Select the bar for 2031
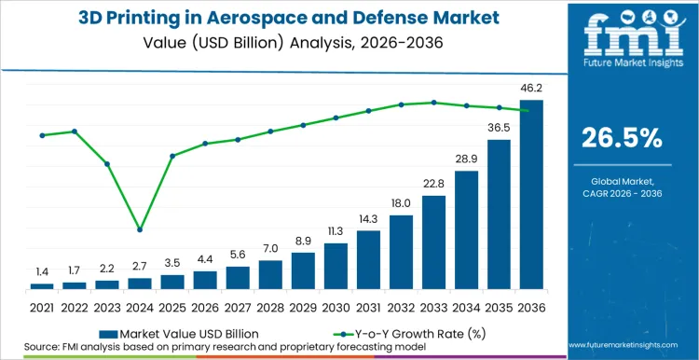(x=368, y=259)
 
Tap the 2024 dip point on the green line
(x=140, y=229)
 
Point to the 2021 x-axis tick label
(x=42, y=307)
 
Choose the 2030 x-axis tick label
(x=336, y=307)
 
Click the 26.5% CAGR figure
(x=622, y=138)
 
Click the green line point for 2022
(x=75, y=132)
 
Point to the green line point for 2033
(x=433, y=103)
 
